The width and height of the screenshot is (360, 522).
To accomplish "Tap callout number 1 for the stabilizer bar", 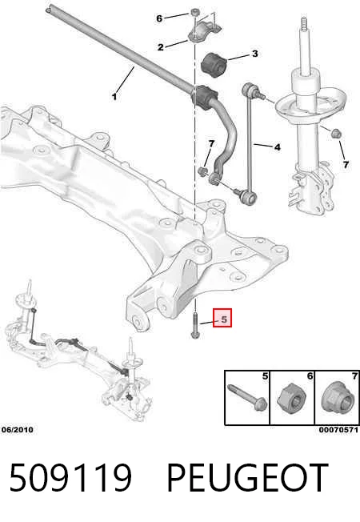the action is [x=114, y=97].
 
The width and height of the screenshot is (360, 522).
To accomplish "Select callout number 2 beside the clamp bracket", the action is [x=161, y=47].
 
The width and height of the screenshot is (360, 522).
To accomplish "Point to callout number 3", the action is [x=255, y=54].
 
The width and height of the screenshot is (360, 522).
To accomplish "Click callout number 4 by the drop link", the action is [x=277, y=147].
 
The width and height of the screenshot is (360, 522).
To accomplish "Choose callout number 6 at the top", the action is [x=159, y=18].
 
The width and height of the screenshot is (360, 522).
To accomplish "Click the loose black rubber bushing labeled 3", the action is [x=214, y=65].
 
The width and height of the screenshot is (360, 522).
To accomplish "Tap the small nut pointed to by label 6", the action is [x=195, y=13].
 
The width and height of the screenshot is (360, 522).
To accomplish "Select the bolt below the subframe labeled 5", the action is [x=195, y=325].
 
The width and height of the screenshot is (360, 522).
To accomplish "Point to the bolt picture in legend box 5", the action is [x=247, y=397].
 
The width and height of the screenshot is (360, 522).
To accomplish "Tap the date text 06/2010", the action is [x=18, y=430].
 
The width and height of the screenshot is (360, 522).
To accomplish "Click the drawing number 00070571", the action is [x=338, y=430].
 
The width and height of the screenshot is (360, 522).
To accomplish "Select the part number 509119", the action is [x=70, y=477].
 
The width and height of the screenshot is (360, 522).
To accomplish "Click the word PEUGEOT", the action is [x=247, y=477].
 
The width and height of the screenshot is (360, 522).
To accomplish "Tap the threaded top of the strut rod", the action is [x=303, y=24].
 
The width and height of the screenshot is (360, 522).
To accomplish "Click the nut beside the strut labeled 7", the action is [x=337, y=133].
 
